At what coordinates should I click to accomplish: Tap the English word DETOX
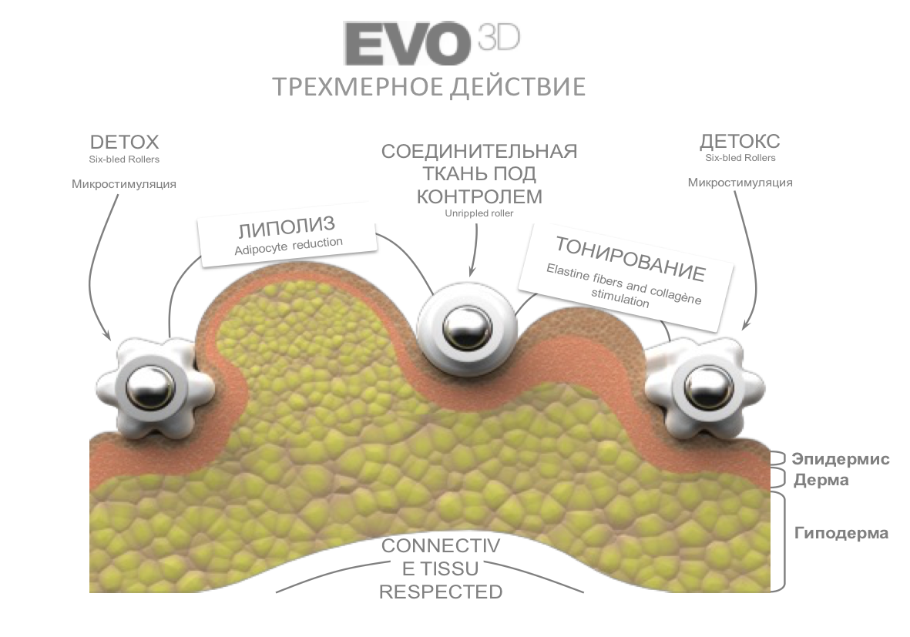tap(124, 142)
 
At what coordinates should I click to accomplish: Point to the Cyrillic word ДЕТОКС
tap(740, 142)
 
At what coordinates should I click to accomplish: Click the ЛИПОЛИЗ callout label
tap(287, 228)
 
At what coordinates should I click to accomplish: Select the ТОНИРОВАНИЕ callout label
tap(630, 260)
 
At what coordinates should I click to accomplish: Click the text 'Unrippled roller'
tap(479, 213)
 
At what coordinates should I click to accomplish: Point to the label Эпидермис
tap(841, 460)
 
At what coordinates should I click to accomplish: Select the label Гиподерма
tap(841, 533)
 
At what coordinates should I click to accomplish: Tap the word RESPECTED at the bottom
tap(441, 592)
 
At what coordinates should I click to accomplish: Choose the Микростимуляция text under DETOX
tap(124, 183)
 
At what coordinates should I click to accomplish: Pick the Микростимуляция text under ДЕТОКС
tap(740, 183)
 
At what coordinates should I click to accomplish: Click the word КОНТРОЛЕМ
tap(479, 196)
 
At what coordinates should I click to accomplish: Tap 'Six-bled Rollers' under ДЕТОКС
tap(740, 158)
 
